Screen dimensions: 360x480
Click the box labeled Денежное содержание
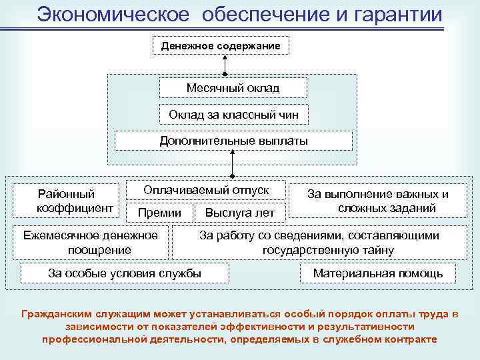pos(225,45)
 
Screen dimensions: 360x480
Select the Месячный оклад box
pos(233,88)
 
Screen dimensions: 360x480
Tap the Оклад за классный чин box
pos(233,115)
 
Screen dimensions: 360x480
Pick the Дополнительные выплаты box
pos(233,141)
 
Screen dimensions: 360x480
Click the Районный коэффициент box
pos(66,201)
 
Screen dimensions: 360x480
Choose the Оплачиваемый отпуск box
pos(206,190)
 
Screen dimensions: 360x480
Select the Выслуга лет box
pos(239,213)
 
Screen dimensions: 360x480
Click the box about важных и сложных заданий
pos(377,201)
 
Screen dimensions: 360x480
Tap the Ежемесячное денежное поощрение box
pos(91,243)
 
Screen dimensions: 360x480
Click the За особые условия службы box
pos(125,273)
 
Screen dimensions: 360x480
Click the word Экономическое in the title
pos(113,14)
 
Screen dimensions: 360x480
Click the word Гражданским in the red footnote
pos(56,313)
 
